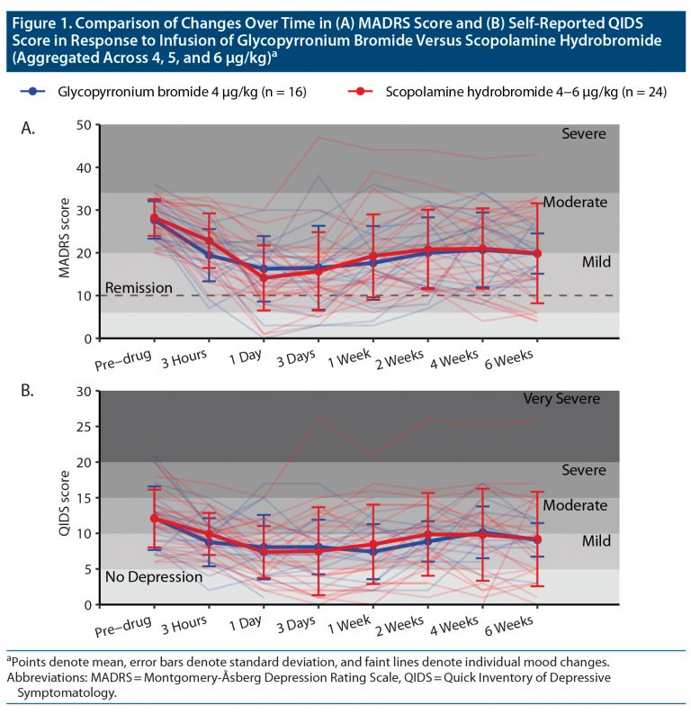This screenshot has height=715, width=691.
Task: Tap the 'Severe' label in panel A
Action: click(x=584, y=134)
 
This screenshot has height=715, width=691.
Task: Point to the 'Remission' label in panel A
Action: click(x=138, y=288)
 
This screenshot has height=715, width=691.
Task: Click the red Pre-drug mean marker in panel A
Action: click(x=154, y=218)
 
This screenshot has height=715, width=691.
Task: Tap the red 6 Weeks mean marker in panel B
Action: click(x=537, y=539)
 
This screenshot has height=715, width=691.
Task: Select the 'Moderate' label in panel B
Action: click(x=574, y=505)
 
